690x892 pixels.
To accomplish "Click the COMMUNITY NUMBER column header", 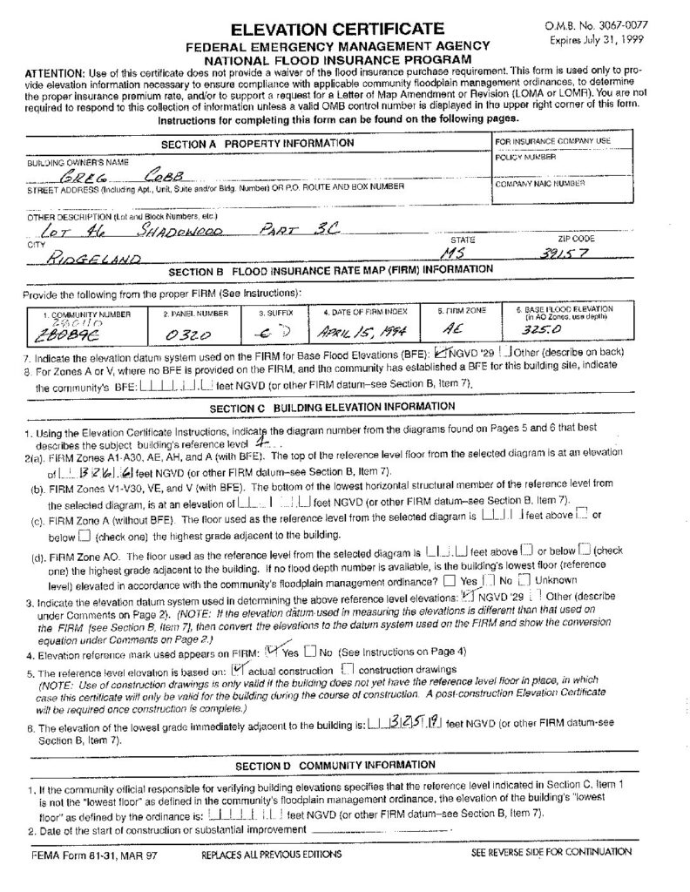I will point(82,311).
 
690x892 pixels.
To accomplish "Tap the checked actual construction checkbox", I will point(239,645).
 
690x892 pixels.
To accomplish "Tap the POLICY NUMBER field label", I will point(523,157).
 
